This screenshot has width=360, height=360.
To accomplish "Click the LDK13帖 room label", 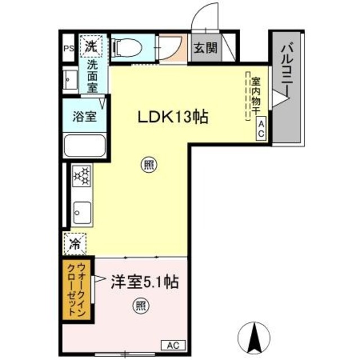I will click(174, 117).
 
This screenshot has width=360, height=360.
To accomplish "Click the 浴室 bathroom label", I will click(84, 117).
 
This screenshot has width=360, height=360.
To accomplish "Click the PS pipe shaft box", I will click(69, 48).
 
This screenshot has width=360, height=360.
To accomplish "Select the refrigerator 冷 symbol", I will click(74, 244).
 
